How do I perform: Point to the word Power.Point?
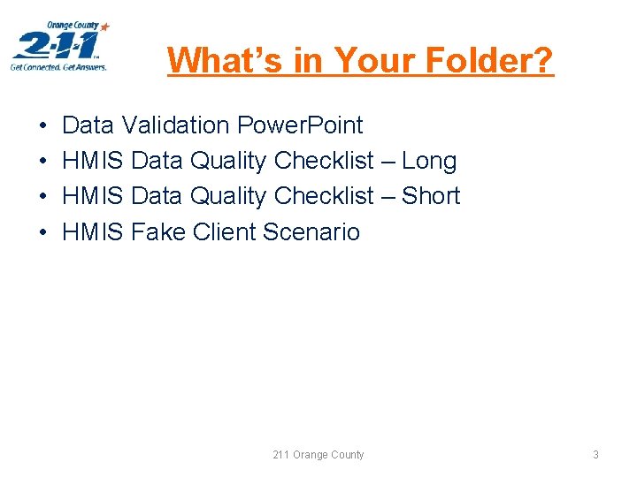point(300,125)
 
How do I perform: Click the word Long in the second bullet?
point(429,161)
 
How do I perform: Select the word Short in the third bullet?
point(431,196)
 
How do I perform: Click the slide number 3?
point(595,455)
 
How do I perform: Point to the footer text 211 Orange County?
point(318,455)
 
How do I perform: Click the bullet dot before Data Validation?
point(43,126)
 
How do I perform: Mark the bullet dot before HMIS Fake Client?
point(43,232)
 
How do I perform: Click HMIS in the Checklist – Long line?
point(93,161)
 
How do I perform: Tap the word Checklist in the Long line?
point(324,161)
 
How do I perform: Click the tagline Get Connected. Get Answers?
point(58,66)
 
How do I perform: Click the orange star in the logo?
point(105,27)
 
